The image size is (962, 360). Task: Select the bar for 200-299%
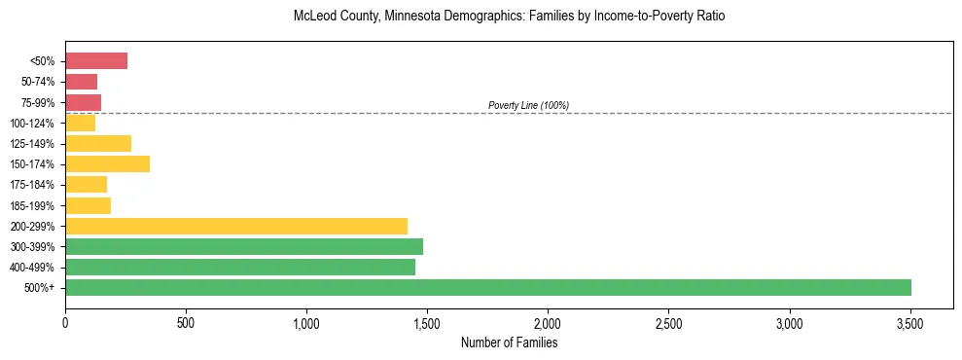pyautogui.click(x=236, y=226)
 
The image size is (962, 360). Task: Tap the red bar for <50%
pyautogui.click(x=96, y=61)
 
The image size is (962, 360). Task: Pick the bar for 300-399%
pyautogui.click(x=244, y=246)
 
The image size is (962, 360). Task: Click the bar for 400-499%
pyautogui.click(x=240, y=267)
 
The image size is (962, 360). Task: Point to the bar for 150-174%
pyautogui.click(x=107, y=164)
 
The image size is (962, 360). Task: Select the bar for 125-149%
pyautogui.click(x=98, y=144)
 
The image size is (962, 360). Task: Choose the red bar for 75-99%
pyautogui.click(x=83, y=102)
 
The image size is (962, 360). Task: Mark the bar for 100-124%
pyautogui.click(x=80, y=124)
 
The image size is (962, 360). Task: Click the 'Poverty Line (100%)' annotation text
pyautogui.click(x=528, y=105)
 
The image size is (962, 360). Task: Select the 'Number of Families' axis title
pyautogui.click(x=509, y=342)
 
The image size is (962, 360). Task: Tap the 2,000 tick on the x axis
pyautogui.click(x=548, y=322)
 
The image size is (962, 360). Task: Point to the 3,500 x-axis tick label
pyautogui.click(x=909, y=322)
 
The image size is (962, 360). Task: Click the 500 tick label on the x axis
pyautogui.click(x=186, y=322)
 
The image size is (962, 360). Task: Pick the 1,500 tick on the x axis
pyautogui.click(x=427, y=322)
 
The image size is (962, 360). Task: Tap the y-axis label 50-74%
pyautogui.click(x=37, y=82)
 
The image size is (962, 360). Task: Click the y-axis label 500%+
pyautogui.click(x=40, y=288)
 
